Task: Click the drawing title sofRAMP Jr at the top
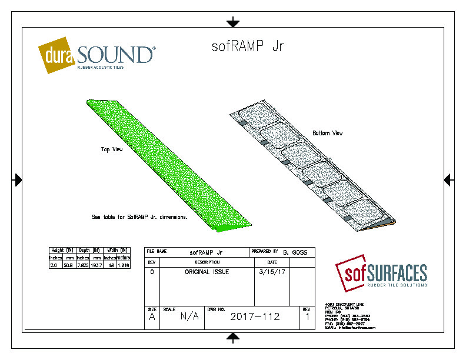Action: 248,46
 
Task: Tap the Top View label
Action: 111,149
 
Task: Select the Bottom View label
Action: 327,133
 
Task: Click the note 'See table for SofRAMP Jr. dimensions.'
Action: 139,216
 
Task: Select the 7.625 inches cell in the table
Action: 82,265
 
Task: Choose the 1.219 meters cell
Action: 123,265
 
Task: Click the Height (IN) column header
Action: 61,250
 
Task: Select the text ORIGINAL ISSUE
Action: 207,272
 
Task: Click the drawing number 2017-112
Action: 255,316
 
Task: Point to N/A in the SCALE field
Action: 189,316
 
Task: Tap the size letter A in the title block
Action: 151,317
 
